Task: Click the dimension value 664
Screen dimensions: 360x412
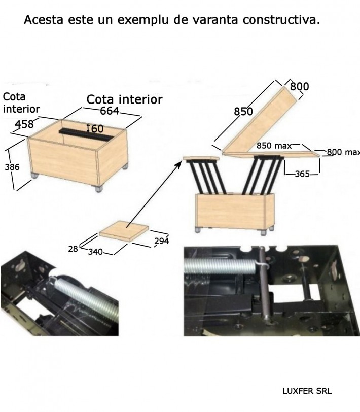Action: [x=109, y=111]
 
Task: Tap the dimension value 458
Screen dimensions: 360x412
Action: [x=24, y=124]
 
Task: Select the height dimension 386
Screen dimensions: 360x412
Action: [x=12, y=167]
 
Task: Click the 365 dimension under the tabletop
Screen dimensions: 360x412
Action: [x=302, y=174]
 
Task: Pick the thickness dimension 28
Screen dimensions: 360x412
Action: [x=73, y=249]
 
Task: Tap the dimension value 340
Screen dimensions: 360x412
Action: [x=95, y=252]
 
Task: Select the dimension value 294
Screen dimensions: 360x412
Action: [x=161, y=241]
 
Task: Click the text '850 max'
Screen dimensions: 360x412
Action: [x=274, y=146]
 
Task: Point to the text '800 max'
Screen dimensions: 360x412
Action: [x=343, y=152]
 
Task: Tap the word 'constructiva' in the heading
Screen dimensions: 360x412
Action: [x=281, y=20]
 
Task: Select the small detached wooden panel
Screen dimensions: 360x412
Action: [x=124, y=231]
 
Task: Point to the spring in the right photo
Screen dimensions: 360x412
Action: [x=220, y=266]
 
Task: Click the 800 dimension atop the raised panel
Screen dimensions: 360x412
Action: [x=299, y=86]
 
